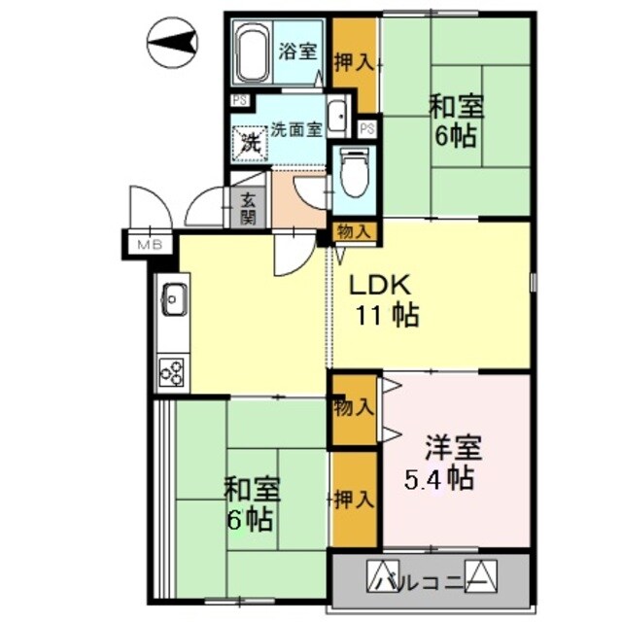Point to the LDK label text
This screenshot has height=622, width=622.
tap(383, 286)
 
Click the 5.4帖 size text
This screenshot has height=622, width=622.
tap(438, 479)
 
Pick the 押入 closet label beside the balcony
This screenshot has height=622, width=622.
tap(354, 501)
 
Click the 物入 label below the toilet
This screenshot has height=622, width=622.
tap(354, 231)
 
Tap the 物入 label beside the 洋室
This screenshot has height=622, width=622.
tap(353, 406)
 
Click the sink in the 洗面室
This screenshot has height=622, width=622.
tap(335, 117)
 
